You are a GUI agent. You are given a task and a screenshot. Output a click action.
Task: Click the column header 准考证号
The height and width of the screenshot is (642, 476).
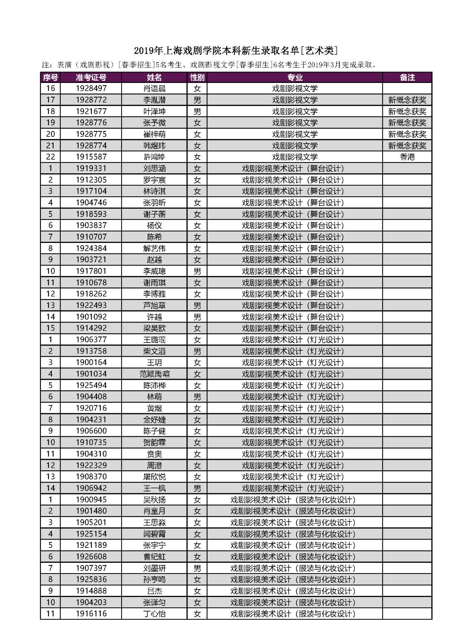pyautogui.click(x=91, y=77)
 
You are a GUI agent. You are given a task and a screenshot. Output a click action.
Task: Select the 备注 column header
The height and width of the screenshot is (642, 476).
pyautogui.click(x=407, y=77)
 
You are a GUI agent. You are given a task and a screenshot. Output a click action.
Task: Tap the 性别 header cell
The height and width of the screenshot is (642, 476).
pyautogui.click(x=197, y=77)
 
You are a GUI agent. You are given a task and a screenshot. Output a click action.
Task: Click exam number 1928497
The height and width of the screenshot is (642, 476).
pyautogui.click(x=91, y=89)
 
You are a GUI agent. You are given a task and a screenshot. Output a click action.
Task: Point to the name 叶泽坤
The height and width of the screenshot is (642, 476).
pyautogui.click(x=154, y=111)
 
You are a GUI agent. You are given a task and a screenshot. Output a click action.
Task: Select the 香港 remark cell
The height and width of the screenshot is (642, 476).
pyautogui.click(x=407, y=157)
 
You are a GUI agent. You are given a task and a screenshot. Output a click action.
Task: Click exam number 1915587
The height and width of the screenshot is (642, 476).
pyautogui.click(x=91, y=157)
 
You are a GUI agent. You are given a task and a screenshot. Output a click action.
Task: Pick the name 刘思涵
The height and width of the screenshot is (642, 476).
pyautogui.click(x=154, y=168)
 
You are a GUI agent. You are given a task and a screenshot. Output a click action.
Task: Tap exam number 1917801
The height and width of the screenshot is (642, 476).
pyautogui.click(x=91, y=271)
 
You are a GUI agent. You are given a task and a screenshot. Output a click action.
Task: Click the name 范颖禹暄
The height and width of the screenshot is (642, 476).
pyautogui.click(x=154, y=374)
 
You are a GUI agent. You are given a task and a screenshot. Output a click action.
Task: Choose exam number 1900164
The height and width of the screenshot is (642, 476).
pyautogui.click(x=91, y=362)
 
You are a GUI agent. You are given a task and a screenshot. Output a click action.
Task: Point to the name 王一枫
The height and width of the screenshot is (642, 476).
pyautogui.click(x=154, y=488)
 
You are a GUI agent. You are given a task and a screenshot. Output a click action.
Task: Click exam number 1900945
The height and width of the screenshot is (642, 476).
pyautogui.click(x=91, y=500)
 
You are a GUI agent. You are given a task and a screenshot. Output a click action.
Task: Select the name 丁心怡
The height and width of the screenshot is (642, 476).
pyautogui.click(x=154, y=614)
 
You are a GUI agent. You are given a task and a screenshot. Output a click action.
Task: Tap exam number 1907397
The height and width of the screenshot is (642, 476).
pyautogui.click(x=91, y=568)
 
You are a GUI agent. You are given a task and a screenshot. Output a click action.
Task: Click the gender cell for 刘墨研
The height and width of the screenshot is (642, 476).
pyautogui.click(x=197, y=568)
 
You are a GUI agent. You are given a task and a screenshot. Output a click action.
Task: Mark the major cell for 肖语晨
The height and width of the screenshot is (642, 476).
pyautogui.click(x=295, y=89)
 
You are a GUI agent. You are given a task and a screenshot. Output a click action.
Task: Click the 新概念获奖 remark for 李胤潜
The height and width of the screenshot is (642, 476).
pyautogui.click(x=407, y=100)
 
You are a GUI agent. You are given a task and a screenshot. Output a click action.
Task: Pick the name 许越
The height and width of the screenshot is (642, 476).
pyautogui.click(x=154, y=317)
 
